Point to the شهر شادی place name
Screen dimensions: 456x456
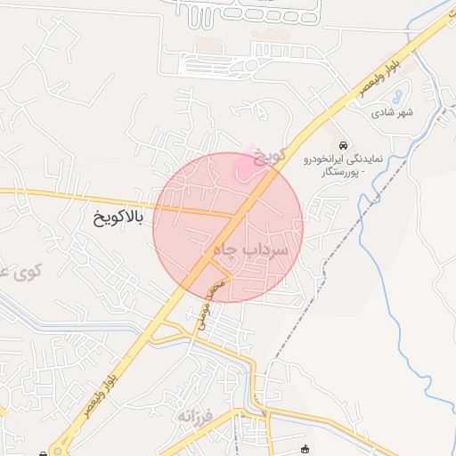[394, 112]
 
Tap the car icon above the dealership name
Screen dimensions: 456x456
[344, 145]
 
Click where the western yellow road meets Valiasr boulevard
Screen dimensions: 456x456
[233, 216]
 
